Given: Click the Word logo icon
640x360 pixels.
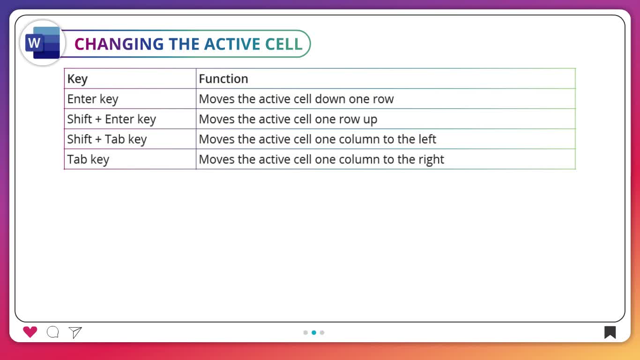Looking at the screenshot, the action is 43,43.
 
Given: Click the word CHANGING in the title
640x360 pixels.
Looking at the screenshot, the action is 119,44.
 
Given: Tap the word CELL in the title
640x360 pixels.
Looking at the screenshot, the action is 284,44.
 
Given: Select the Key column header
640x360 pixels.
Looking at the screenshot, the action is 77,79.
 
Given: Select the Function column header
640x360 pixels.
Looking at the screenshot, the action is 223,79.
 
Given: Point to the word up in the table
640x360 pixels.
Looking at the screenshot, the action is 370,120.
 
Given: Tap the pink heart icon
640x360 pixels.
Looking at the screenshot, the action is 30,332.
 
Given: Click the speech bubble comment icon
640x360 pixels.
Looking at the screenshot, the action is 53,332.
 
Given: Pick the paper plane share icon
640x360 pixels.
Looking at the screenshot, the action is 75,332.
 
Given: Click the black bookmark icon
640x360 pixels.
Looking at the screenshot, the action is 610,332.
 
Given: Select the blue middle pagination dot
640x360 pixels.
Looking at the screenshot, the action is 314,332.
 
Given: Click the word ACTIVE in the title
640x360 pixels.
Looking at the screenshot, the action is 232,44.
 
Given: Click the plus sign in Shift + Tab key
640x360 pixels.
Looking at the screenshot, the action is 98,140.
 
